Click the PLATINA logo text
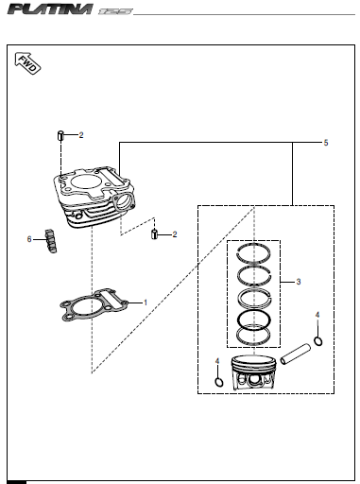point(50,9)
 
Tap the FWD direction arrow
point(27,63)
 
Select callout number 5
point(326,143)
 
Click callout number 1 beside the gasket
point(146,302)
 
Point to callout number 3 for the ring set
point(299,282)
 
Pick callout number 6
point(29,239)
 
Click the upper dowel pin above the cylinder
point(60,136)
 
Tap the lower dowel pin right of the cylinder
point(154,234)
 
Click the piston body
point(252,373)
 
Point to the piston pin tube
point(296,354)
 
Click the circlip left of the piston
point(219,382)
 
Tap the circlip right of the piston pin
point(318,341)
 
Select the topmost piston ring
point(253,245)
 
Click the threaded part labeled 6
point(51,241)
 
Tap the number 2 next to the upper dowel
point(81,135)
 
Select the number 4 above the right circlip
point(317,315)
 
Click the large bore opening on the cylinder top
point(84,181)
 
